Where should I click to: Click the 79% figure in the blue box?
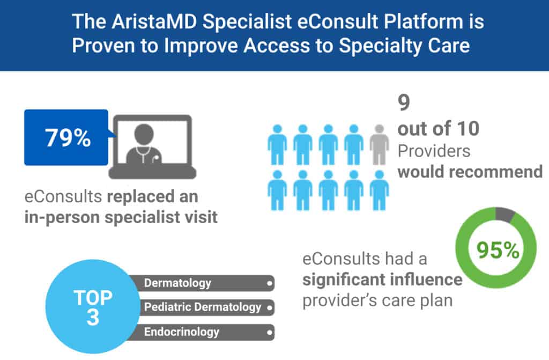(x=68, y=137)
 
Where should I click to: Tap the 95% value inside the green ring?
(x=498, y=250)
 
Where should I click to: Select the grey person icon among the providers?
(x=379, y=144)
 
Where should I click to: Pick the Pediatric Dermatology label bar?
(x=203, y=307)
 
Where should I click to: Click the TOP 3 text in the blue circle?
(x=93, y=307)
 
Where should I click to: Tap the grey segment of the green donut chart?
(x=505, y=214)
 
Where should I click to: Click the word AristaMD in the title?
(x=154, y=21)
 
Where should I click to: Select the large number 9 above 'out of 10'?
(x=404, y=102)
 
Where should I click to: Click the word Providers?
(x=434, y=151)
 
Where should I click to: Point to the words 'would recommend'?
(x=470, y=172)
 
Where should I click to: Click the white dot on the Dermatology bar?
(x=269, y=283)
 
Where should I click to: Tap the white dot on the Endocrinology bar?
(x=269, y=332)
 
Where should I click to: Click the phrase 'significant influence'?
(x=382, y=280)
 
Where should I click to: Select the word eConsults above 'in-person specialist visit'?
(x=63, y=196)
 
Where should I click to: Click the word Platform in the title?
(x=424, y=21)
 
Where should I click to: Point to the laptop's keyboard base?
(x=152, y=172)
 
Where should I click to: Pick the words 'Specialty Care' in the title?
(x=404, y=46)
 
